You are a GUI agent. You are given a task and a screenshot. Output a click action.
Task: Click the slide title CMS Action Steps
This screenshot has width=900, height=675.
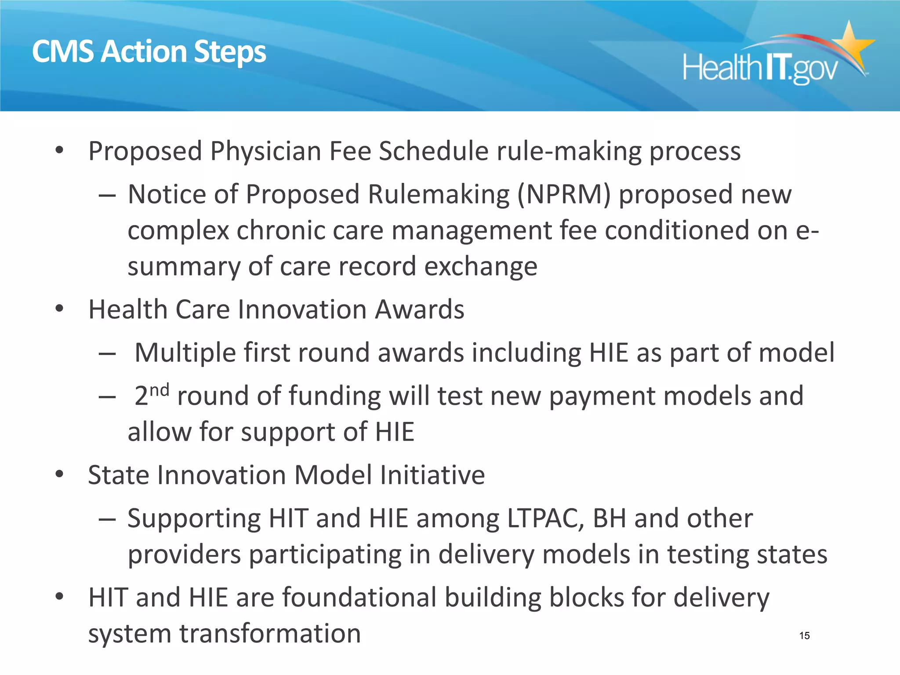coord(149,52)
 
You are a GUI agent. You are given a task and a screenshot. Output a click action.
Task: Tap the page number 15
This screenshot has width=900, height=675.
coord(804,635)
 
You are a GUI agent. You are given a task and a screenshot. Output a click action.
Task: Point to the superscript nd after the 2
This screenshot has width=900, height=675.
coord(159,389)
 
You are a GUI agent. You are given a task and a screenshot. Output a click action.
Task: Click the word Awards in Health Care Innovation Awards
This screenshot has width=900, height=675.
coord(419,309)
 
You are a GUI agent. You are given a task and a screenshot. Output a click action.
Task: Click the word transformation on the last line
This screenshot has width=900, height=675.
coord(270,634)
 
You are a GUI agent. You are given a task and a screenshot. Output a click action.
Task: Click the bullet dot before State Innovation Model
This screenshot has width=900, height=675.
coord(60,475)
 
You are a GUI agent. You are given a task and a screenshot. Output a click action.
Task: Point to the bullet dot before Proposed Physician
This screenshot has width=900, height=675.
coord(60,151)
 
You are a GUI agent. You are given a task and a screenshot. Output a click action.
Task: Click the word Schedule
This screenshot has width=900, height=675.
coord(434,151)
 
